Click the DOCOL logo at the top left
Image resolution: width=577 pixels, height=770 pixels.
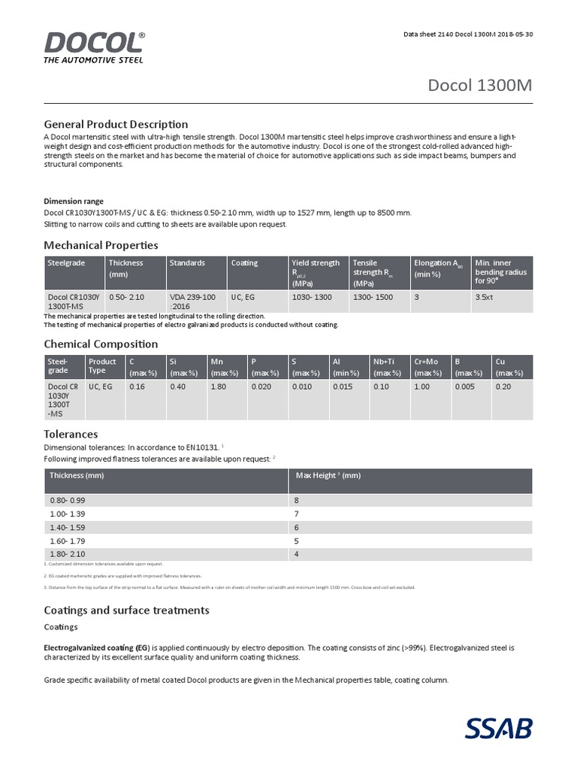[94, 47]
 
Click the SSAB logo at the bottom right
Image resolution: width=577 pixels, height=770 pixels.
[497, 729]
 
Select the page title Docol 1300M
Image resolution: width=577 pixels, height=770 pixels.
[480, 85]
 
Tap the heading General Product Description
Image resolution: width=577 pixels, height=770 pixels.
[116, 124]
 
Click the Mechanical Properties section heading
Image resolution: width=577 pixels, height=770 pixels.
[101, 245]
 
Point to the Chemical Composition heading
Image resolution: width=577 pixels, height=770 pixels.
[101, 344]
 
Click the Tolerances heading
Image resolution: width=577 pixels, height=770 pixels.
[71, 435]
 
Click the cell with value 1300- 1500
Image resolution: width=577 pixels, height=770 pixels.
[373, 298]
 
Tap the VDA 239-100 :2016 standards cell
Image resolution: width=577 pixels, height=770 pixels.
[192, 302]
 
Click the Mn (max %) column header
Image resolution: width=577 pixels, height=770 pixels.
[225, 367]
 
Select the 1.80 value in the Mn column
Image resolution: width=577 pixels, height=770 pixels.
[219, 387]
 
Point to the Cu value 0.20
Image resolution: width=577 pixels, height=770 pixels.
[503, 387]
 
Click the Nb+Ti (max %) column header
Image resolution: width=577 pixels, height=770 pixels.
[388, 367]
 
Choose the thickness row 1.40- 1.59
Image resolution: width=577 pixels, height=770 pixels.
[68, 527]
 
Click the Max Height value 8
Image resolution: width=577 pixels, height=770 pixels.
[298, 500]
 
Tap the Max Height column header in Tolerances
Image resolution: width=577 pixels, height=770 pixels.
[328, 476]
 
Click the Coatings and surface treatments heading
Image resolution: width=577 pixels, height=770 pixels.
[126, 610]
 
